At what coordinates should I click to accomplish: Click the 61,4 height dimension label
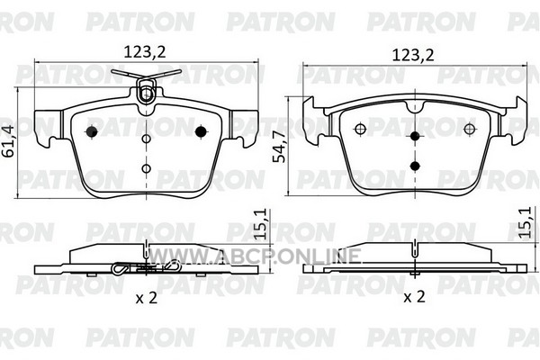point(9,140)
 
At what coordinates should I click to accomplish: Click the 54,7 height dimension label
point(279,147)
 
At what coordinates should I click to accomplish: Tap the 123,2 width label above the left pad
point(145,52)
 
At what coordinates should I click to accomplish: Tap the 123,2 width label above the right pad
point(413,55)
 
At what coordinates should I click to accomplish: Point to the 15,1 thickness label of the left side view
point(261,224)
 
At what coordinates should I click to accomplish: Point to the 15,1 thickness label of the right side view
point(526,222)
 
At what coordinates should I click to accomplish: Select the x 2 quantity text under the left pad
point(147,298)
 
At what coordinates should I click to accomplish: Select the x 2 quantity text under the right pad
point(414,297)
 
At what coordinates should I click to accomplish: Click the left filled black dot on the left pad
point(92,131)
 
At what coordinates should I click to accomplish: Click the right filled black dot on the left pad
point(201,131)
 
